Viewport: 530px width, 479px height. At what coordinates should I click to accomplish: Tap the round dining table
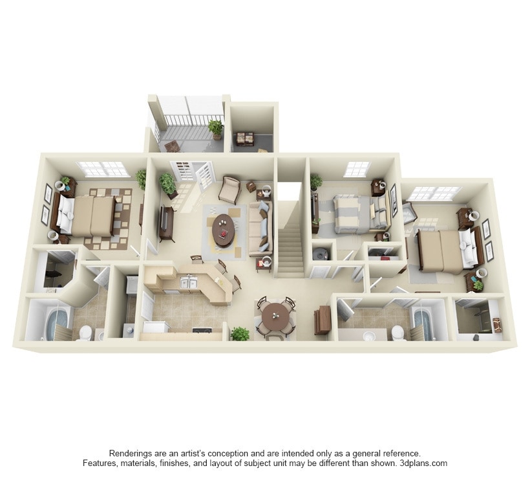(275, 316)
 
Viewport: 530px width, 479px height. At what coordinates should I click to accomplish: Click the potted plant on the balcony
(215, 128)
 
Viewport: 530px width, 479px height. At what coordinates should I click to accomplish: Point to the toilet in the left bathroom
(85, 333)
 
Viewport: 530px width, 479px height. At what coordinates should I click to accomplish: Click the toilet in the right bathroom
(398, 333)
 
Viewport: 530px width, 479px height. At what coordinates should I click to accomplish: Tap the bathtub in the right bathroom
(425, 321)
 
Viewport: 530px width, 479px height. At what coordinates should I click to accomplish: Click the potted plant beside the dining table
(240, 334)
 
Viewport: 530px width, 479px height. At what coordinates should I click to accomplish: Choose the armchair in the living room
(229, 190)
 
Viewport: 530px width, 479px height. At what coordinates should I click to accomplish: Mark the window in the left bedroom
(103, 169)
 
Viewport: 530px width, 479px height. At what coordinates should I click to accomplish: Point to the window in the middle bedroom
(356, 169)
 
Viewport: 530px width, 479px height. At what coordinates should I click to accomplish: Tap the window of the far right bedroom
(434, 193)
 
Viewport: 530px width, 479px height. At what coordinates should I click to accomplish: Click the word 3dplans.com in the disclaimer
(423, 463)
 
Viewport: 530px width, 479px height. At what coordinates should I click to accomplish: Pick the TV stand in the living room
(166, 224)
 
